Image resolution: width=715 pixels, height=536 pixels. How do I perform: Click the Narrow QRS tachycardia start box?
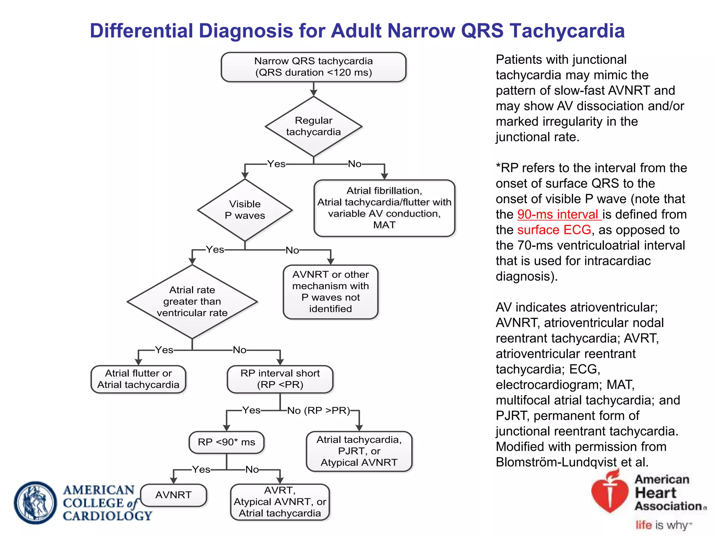(x=313, y=67)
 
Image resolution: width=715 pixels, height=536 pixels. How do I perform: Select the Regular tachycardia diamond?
(x=313, y=126)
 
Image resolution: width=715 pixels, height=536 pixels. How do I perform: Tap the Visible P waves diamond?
(x=245, y=210)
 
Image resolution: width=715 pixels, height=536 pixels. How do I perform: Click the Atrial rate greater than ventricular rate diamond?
(x=192, y=301)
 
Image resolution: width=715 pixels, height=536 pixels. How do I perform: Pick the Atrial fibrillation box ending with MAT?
(x=384, y=208)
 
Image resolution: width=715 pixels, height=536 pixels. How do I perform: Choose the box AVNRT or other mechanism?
(x=330, y=292)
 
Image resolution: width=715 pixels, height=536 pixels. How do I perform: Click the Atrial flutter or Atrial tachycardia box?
(x=138, y=379)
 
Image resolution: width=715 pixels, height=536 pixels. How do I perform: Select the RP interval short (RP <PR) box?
(x=280, y=379)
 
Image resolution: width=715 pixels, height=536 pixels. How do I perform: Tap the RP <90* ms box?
(x=226, y=442)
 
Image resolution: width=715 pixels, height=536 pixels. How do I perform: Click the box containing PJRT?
(x=359, y=451)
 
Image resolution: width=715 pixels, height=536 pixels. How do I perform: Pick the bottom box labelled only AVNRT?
(x=174, y=495)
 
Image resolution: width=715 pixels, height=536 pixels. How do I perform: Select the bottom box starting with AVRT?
(x=280, y=502)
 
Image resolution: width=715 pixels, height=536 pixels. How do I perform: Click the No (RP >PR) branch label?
(x=318, y=411)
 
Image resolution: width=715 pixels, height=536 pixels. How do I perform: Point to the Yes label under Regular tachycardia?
(x=276, y=164)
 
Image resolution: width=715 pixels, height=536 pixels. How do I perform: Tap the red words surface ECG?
(x=554, y=230)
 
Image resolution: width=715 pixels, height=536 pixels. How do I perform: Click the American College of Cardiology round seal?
(x=35, y=502)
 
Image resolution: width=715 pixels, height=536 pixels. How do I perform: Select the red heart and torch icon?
(x=609, y=492)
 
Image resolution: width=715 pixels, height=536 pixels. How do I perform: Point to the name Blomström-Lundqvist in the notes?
(x=556, y=462)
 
